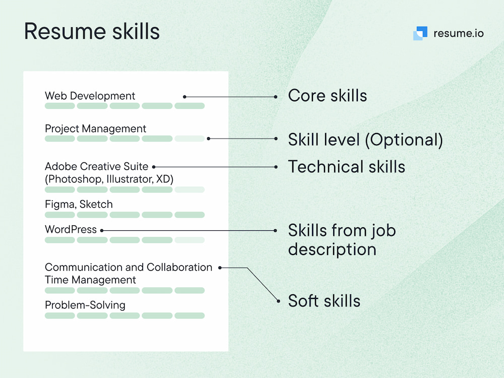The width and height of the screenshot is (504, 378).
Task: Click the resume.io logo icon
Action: [x=420, y=33]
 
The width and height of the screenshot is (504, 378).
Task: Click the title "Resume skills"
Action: [x=92, y=31]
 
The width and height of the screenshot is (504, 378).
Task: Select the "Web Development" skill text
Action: [x=90, y=96]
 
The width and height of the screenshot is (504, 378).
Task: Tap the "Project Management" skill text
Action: [x=96, y=129]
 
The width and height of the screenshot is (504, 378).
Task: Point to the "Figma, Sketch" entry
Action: [x=79, y=204]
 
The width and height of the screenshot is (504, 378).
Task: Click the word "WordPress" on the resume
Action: [x=71, y=229]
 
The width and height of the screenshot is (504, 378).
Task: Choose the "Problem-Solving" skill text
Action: [x=85, y=305]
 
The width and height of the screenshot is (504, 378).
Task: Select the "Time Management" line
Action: [x=91, y=280]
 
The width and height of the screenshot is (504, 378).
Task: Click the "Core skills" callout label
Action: [x=327, y=95]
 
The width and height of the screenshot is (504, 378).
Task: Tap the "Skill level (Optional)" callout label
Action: [x=365, y=140]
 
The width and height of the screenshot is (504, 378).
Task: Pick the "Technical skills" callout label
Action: [x=346, y=166]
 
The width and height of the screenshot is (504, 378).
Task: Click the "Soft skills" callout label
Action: [x=324, y=301]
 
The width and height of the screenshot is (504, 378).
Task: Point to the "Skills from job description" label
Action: [x=342, y=239]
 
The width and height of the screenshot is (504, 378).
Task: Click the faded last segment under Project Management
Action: [x=190, y=139]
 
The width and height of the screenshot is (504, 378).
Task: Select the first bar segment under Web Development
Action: [x=60, y=106]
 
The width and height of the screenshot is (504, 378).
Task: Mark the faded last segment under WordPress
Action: [x=190, y=240]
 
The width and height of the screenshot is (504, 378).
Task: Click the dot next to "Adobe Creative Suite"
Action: [x=154, y=167]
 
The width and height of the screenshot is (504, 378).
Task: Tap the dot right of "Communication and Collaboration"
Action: [x=220, y=268]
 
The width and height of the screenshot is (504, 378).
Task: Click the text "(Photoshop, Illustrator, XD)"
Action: [x=109, y=179]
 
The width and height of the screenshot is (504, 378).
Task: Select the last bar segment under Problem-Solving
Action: [x=190, y=316]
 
